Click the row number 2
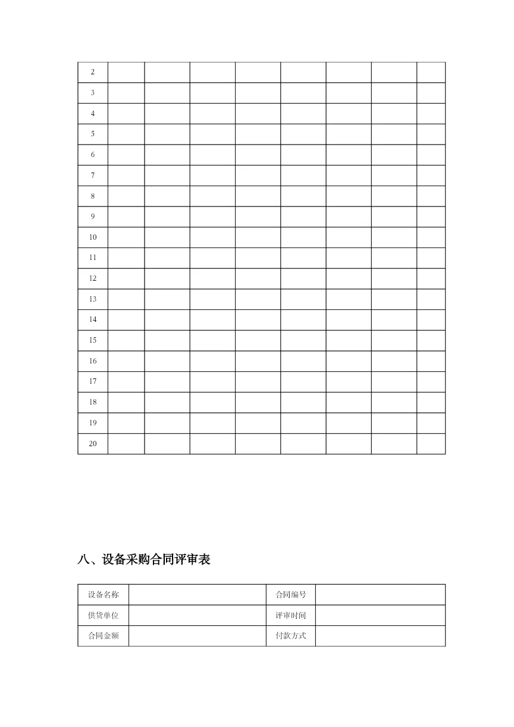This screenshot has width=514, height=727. (93, 72)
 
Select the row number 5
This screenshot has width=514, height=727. (93, 134)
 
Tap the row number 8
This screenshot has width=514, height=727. (93, 196)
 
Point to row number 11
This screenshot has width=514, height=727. (93, 258)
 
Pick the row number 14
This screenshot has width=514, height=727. (93, 319)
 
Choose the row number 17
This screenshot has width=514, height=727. (93, 381)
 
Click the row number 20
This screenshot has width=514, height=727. (93, 443)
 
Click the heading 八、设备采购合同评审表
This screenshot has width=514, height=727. (144, 559)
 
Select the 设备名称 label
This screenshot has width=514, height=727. (103, 594)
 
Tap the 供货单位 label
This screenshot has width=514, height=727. (103, 615)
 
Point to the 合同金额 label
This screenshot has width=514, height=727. (103, 635)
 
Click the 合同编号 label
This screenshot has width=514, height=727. (290, 594)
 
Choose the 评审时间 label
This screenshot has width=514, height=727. (290, 615)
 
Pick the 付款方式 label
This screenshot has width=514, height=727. (290, 635)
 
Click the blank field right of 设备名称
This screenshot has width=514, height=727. (197, 594)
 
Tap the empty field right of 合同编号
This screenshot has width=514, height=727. (380, 594)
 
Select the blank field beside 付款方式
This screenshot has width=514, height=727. (380, 635)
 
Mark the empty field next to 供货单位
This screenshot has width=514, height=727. (197, 615)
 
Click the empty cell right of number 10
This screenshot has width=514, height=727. (126, 237)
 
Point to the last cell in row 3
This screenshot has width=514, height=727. (431, 93)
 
